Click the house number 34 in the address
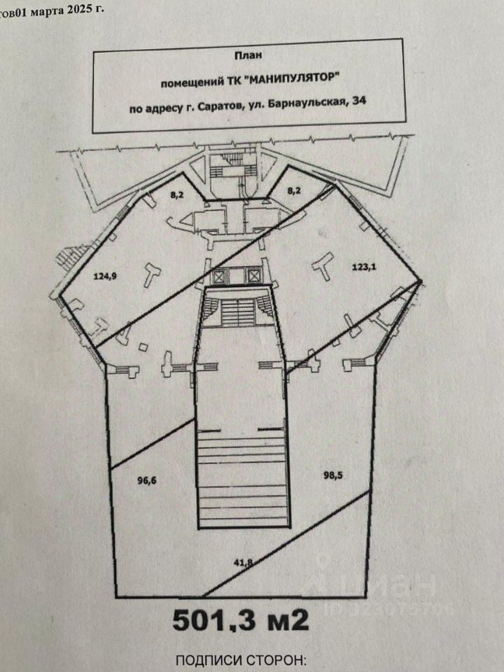[x=360, y=107]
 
